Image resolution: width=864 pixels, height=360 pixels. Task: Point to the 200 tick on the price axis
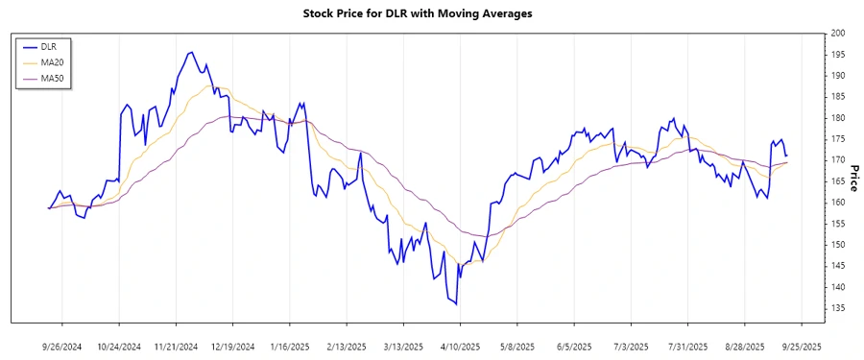pos(838,34)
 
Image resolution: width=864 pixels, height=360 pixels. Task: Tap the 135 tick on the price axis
pos(838,308)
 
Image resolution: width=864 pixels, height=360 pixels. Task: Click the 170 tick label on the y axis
pos(838,160)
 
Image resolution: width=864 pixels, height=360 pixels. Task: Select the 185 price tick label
pos(838,97)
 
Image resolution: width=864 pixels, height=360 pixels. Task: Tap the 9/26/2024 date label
pos(62,346)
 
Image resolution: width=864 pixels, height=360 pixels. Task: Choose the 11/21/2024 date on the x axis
pos(176,346)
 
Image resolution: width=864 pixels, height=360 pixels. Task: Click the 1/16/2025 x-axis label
pos(289,346)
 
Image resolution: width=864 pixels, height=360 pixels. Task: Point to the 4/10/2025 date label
pos(460,346)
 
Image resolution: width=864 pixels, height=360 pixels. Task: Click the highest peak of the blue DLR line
pos(191,52)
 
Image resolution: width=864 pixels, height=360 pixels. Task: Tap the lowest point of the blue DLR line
pos(456,305)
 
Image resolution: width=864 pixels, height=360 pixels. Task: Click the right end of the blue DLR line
pos(787,156)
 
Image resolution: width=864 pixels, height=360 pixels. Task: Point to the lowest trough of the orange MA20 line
pos(480,262)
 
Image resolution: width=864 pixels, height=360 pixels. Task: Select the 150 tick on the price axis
pos(838,245)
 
